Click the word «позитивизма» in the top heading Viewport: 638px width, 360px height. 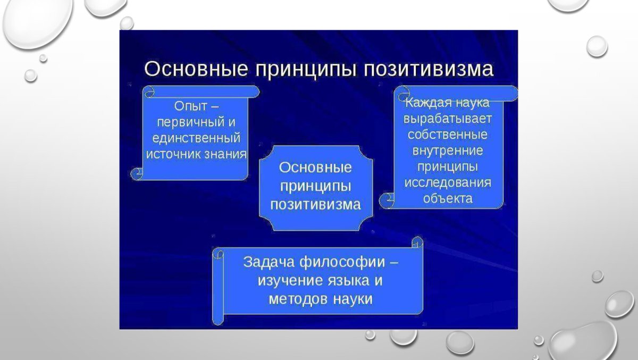[429, 69]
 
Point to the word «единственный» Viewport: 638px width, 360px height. [196, 138]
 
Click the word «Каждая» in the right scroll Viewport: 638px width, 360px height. [429, 103]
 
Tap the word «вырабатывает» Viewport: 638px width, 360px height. [448, 119]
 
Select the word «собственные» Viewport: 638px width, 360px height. [448, 135]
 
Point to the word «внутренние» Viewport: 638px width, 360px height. [448, 150]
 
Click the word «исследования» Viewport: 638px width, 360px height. [448, 182]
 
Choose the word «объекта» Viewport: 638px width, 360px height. [448, 198]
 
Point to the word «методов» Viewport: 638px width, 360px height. [298, 299]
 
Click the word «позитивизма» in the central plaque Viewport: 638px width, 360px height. [316, 205]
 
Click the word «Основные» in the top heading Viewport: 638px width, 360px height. [196, 69]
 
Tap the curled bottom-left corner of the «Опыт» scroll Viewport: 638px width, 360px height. [137, 174]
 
